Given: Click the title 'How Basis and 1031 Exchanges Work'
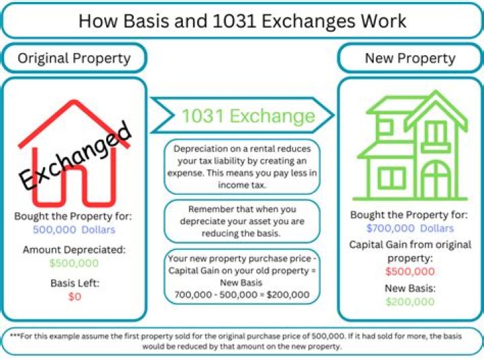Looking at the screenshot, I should (242, 20).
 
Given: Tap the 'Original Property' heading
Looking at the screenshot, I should (74, 58).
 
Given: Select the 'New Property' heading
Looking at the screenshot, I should (410, 58).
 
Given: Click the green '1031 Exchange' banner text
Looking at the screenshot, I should (248, 116).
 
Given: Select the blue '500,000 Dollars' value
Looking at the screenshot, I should (74, 229).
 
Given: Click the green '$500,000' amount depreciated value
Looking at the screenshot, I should (74, 263).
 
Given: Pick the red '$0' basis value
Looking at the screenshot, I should (74, 296).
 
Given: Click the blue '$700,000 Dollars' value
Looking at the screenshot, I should (410, 228).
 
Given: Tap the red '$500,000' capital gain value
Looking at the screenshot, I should (410, 271).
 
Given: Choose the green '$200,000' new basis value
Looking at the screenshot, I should (410, 302).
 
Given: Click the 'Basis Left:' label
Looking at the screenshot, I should (74, 283).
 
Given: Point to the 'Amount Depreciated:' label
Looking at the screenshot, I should (74, 249).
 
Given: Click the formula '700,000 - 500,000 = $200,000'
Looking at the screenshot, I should (242, 294).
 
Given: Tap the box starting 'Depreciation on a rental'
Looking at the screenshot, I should (242, 167).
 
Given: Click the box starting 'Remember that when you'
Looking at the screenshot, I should (242, 221).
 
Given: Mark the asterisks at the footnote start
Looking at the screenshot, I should (14, 336).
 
